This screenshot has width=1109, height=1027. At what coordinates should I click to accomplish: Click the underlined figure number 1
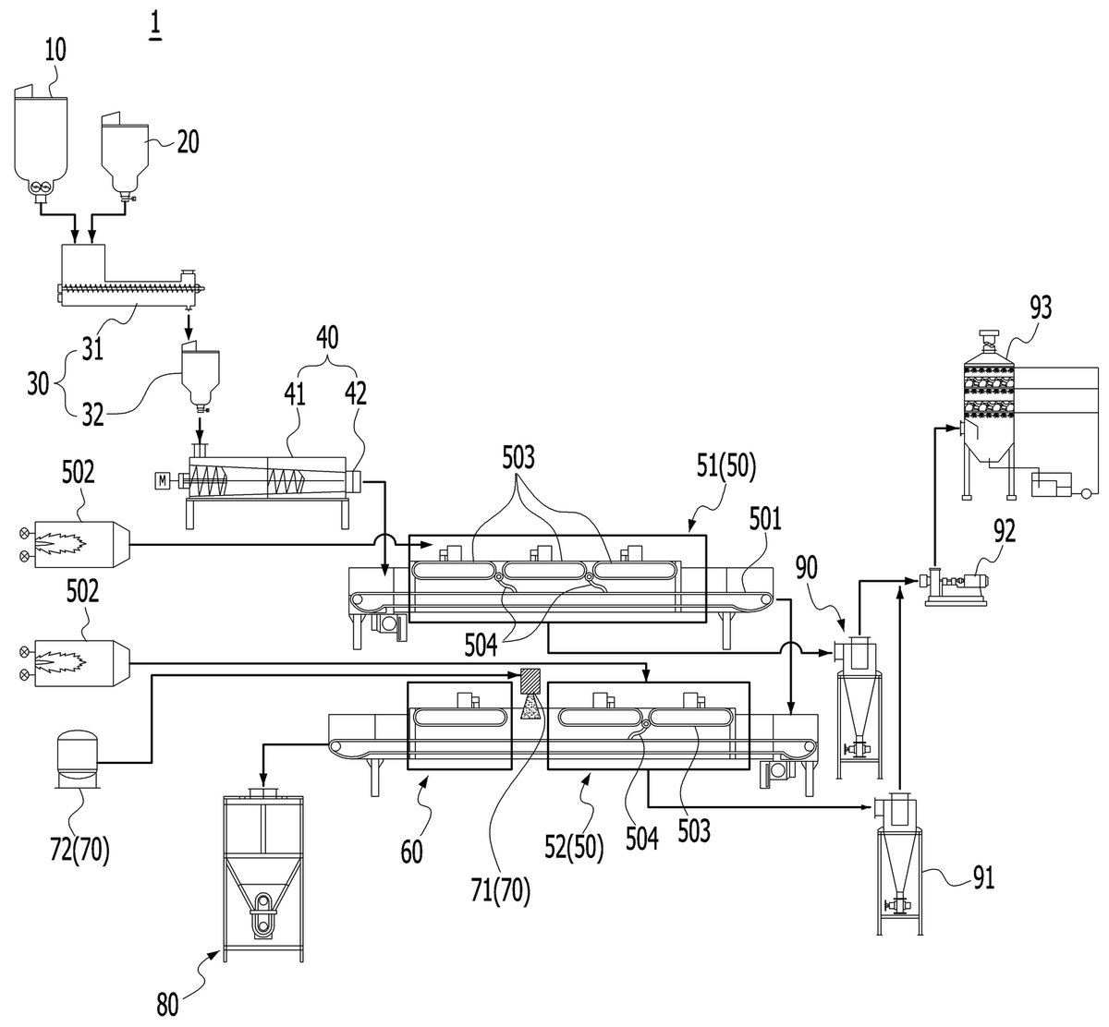point(155,27)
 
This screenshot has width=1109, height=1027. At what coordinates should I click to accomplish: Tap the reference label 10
point(55,49)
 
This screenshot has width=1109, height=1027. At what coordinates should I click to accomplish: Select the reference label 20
point(189,142)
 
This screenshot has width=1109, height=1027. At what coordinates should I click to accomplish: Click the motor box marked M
point(163,480)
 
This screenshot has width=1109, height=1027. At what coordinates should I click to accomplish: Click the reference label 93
point(1041,307)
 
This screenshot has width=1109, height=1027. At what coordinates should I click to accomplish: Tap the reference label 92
point(1004,531)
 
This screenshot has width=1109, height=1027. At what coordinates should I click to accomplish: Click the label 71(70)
point(500,890)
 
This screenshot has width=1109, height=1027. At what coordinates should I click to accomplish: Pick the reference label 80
point(167,1005)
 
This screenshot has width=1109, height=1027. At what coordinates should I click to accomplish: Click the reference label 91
point(983,878)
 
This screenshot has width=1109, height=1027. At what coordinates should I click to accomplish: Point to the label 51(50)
point(725,466)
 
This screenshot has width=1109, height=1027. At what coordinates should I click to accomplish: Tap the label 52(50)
point(575,847)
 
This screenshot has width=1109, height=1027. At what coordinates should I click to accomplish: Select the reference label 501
point(765,519)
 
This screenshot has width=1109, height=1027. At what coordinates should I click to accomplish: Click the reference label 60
point(411,852)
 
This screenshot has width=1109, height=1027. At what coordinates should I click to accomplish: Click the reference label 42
point(356,393)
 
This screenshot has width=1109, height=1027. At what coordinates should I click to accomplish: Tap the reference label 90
point(806,568)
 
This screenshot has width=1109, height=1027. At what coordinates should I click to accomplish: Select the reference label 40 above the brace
point(327,338)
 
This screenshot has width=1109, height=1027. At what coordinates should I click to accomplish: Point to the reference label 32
point(92,415)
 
